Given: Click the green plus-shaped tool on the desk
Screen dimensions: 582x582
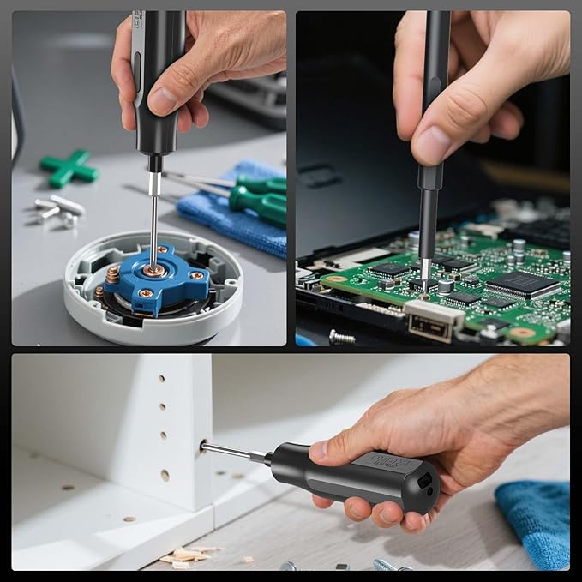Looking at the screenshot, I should pos(69,167).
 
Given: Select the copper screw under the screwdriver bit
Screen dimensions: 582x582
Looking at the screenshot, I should pos(154,271).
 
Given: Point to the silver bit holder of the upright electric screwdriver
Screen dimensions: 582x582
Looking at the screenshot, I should pos(154,183).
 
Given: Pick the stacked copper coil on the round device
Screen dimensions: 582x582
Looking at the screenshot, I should pos(113,275).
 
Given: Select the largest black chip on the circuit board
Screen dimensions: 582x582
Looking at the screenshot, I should pos(522,285).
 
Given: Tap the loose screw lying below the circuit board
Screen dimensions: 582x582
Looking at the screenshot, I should pos(342,337).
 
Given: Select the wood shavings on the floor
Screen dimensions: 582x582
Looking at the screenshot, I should pos(185,556).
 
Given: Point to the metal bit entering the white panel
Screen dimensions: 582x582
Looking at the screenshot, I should pos(226,450).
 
